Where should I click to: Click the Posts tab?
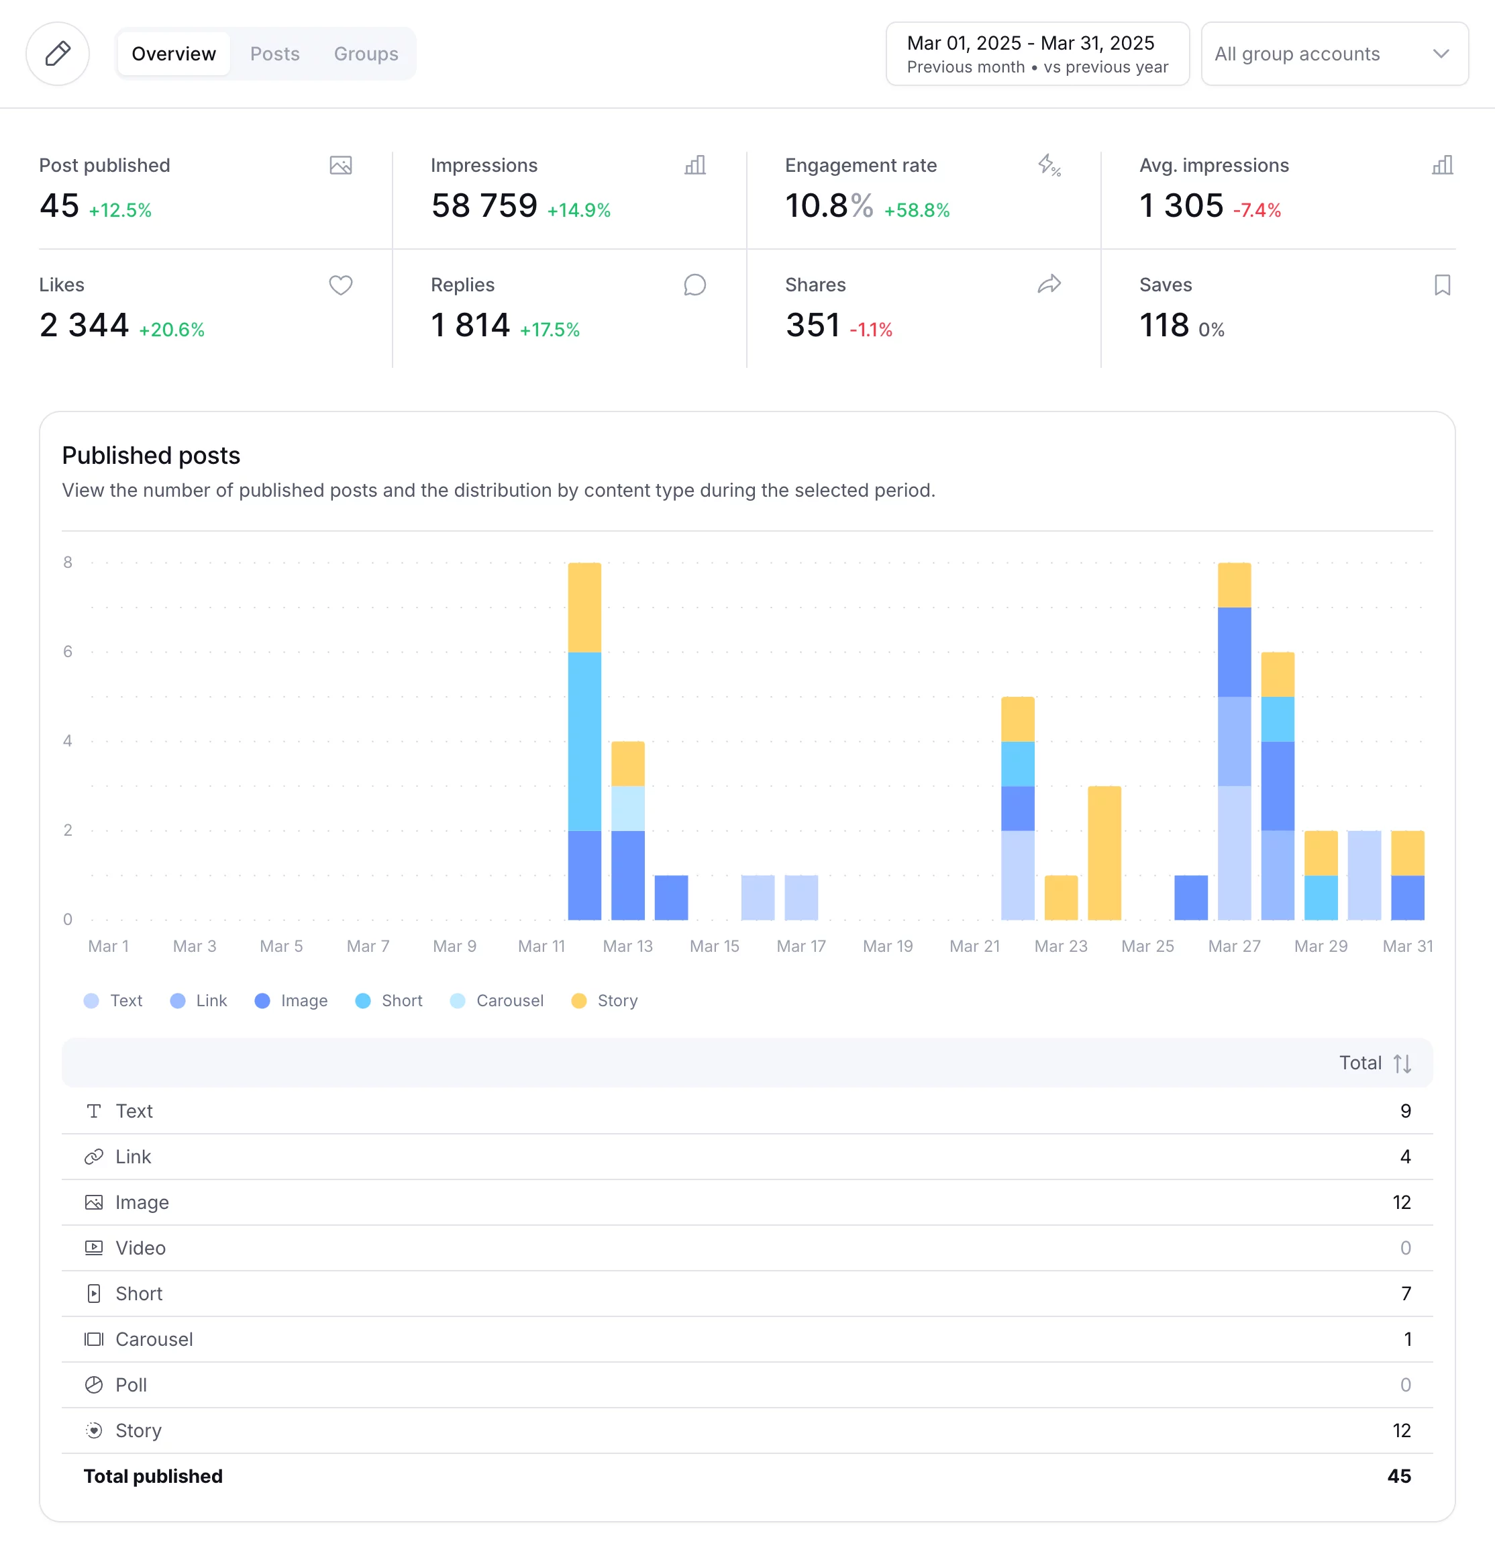(274, 54)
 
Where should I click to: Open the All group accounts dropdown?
(1334, 54)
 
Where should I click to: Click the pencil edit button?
(58, 54)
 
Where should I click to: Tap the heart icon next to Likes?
(340, 285)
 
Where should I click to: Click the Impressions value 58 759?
(484, 206)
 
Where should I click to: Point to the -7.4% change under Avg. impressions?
(1257, 210)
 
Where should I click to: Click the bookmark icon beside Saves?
(1442, 285)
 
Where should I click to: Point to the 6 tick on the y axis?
(68, 652)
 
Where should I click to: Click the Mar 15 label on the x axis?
(714, 946)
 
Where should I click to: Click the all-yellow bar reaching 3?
(1104, 853)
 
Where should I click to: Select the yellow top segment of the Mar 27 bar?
(1234, 585)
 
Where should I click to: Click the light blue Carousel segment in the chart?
(627, 808)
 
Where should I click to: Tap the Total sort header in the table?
(1374, 1063)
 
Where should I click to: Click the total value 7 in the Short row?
(1405, 1294)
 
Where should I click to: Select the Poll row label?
(131, 1385)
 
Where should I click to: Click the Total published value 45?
(1398, 1477)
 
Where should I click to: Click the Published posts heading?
(151, 456)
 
